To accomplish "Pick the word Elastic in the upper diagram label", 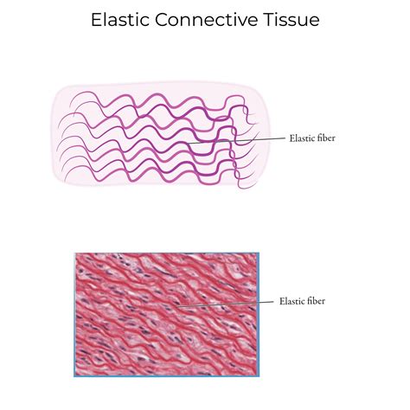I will pyautogui.click(x=299, y=138).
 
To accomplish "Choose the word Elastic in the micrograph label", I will pyautogui.click(x=291, y=301).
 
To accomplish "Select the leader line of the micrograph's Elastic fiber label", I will pyautogui.click(x=225, y=304).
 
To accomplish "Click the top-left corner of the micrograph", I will pyautogui.click(x=75, y=253).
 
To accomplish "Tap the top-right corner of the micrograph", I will pyautogui.click(x=257, y=253).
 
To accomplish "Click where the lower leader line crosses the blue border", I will pyautogui.click(x=257, y=302).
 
